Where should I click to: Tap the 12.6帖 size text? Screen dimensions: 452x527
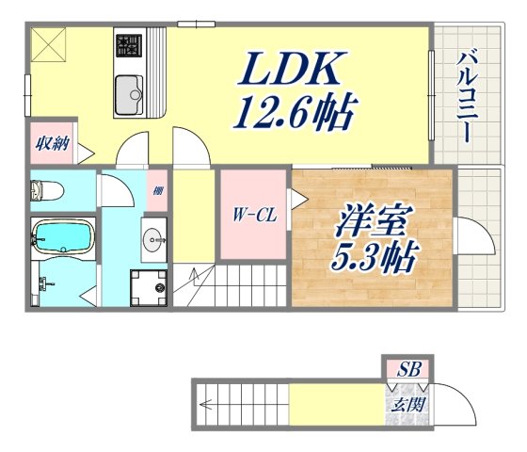click(294, 114)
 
